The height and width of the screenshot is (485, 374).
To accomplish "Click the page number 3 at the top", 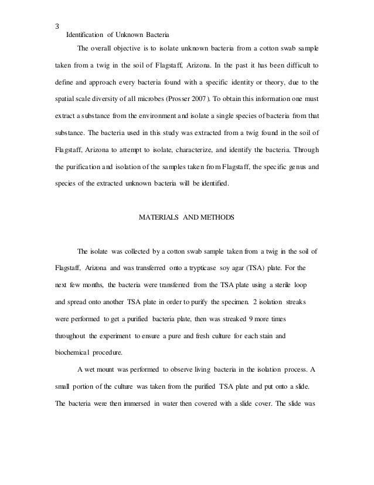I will (56, 26).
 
